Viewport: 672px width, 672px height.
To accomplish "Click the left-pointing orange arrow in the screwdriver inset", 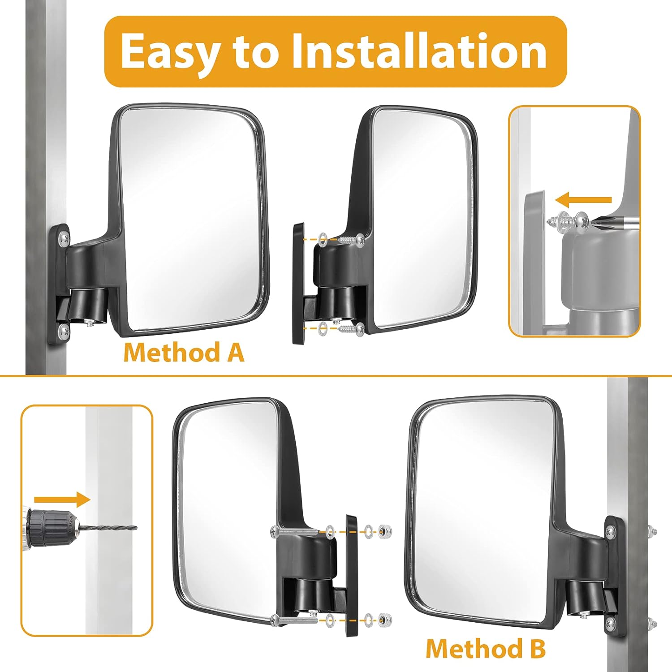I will (x=582, y=200).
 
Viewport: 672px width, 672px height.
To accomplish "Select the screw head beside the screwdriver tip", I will (x=581, y=219).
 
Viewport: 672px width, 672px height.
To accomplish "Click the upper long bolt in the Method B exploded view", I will (x=293, y=531).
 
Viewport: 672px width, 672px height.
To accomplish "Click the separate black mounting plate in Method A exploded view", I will (x=298, y=283).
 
